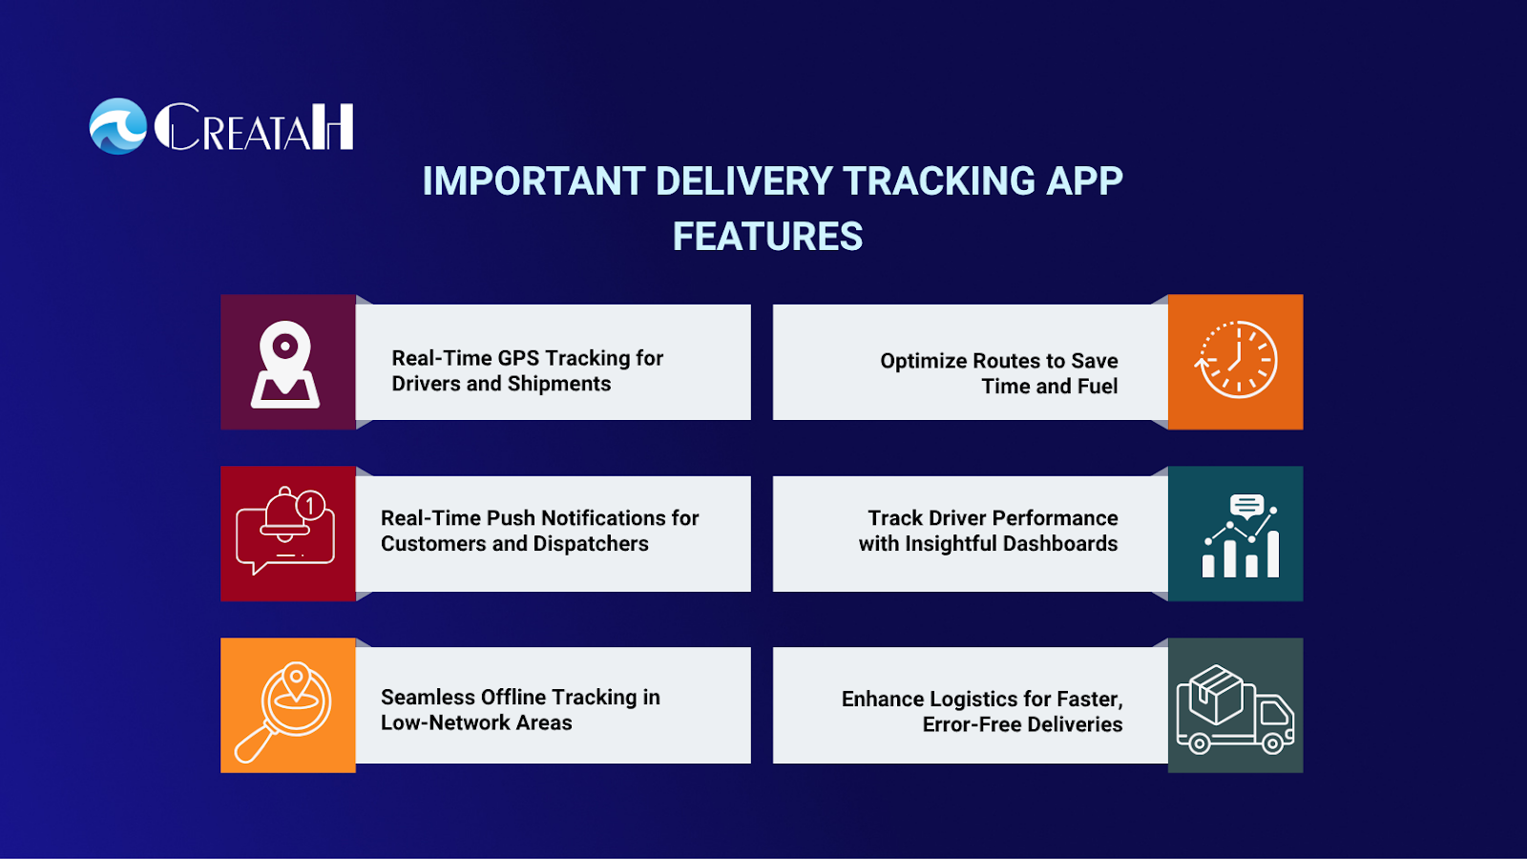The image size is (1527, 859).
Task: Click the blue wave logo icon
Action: [118, 126]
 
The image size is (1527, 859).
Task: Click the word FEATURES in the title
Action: [767, 237]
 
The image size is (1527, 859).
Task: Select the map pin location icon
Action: [285, 365]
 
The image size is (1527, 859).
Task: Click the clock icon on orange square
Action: [1236, 359]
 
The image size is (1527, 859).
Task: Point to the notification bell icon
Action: [285, 516]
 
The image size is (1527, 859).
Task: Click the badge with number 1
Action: [311, 505]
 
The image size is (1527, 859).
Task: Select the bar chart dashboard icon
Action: [1240, 535]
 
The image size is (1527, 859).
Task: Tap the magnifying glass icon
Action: [282, 712]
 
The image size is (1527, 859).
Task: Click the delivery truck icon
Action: [1235, 710]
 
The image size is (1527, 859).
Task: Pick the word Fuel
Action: [1097, 387]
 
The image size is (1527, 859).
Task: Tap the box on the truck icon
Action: [1215, 694]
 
